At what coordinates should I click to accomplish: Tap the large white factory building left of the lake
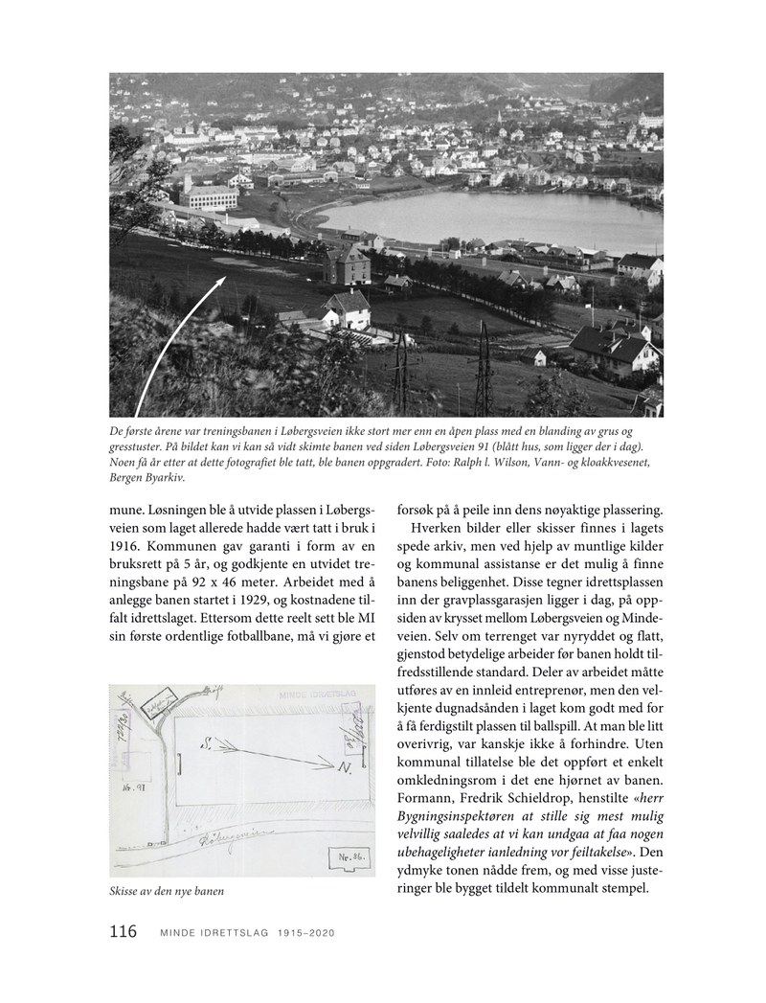pyautogui.click(x=208, y=196)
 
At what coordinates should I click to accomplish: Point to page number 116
pyautogui.click(x=124, y=932)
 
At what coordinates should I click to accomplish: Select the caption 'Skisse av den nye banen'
pyautogui.click(x=167, y=893)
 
